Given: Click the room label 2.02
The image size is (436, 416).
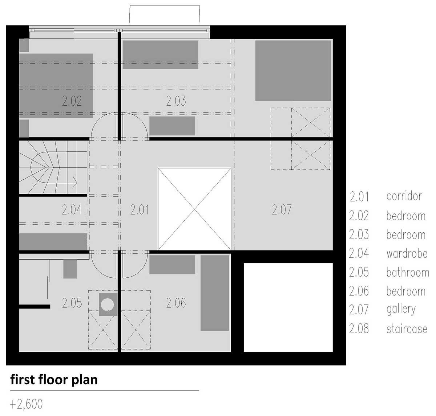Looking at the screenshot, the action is [x=72, y=101].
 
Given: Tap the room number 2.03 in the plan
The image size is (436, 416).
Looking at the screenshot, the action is [x=176, y=101].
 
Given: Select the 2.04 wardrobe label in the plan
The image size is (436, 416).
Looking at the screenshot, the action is [x=72, y=210].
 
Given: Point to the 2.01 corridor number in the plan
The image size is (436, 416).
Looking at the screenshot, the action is [x=140, y=210].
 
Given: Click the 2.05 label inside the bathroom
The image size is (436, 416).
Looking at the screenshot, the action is [x=72, y=303].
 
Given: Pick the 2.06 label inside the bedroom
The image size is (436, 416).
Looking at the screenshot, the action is [x=176, y=303].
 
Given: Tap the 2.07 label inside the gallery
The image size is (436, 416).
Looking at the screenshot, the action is [x=282, y=210].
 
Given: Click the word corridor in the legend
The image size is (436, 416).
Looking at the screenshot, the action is [x=404, y=196].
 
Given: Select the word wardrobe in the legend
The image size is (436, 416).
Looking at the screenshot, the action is [x=407, y=254].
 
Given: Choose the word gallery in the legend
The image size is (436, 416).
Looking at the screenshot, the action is [x=401, y=310].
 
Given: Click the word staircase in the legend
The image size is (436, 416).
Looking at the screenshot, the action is [x=407, y=329].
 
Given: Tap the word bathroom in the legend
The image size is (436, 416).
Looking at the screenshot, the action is [x=408, y=273].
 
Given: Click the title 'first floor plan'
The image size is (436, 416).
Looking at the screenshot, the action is [x=54, y=380].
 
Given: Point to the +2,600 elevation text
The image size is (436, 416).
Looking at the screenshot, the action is [x=26, y=404].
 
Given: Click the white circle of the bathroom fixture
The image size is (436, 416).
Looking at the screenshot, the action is [x=107, y=305].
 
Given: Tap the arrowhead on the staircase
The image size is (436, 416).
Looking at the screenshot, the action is [x=75, y=183].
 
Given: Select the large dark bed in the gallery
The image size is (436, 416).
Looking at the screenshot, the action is [x=293, y=70].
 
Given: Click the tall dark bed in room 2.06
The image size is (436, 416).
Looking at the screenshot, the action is [x=215, y=293].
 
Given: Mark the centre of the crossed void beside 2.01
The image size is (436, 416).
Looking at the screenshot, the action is [x=194, y=209].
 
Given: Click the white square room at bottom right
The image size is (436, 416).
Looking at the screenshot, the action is [x=288, y=307].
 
